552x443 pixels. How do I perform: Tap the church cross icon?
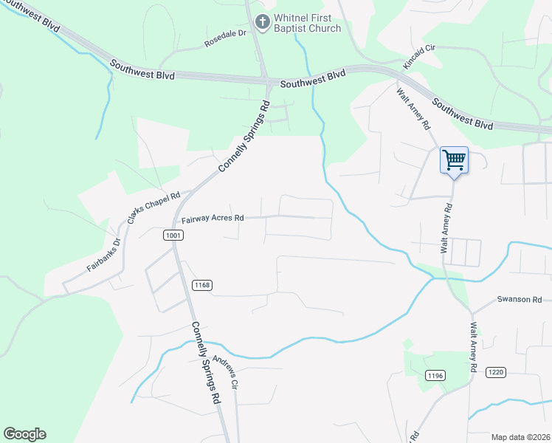[262, 23]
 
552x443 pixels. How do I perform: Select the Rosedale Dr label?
[224, 44]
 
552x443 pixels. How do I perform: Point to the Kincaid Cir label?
[420, 57]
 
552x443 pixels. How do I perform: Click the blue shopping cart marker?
[454, 159]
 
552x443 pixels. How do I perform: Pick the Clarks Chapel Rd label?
[153, 209]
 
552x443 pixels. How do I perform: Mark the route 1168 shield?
[201, 285]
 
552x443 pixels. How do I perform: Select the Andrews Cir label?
[225, 372]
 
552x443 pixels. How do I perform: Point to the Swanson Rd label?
[519, 299]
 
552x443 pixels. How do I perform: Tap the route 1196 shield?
[435, 377]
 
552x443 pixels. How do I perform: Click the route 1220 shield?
[495, 372]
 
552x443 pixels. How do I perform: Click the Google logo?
[24, 434]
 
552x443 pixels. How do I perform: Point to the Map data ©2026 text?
[520, 436]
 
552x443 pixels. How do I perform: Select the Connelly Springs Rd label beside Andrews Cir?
[206, 362]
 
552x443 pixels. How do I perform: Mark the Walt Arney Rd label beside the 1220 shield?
[473, 347]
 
